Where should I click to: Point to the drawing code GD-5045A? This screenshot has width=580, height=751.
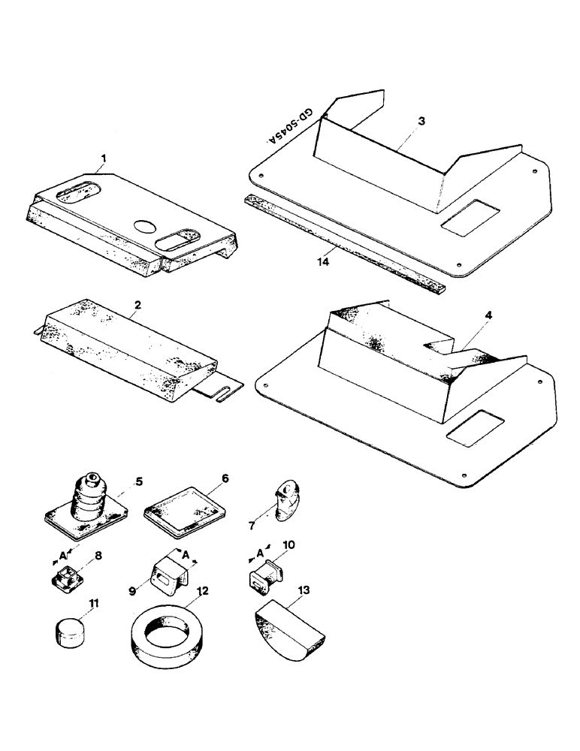[293, 127]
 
